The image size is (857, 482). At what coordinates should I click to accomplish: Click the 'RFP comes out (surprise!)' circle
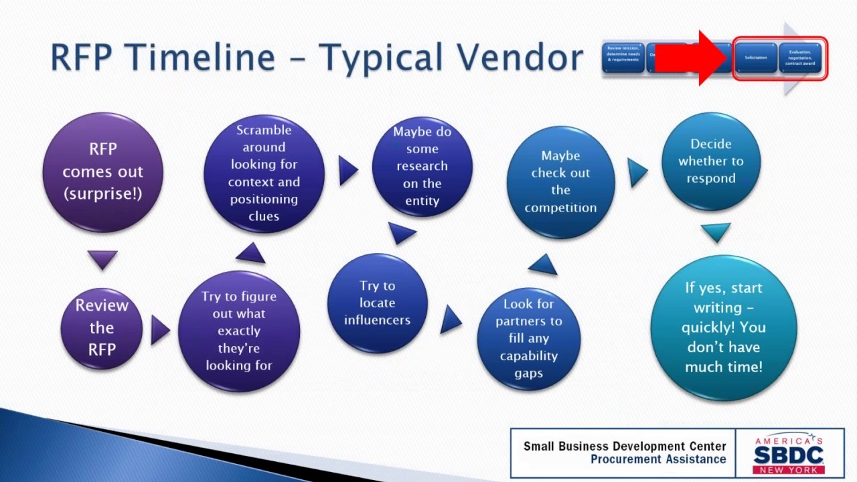[x=102, y=172]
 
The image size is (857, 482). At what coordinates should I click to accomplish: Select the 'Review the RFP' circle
[x=102, y=327]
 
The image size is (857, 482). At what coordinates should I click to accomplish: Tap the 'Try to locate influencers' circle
[x=377, y=303]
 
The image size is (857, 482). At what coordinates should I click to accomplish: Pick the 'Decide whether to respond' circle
[x=711, y=161]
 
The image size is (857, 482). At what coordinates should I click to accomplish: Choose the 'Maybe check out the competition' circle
[x=560, y=181]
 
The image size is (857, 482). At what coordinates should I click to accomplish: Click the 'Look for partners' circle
[x=528, y=338]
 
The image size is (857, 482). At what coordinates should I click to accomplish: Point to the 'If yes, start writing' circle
[x=724, y=327]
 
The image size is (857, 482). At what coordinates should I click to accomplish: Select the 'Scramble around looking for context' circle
[x=264, y=173]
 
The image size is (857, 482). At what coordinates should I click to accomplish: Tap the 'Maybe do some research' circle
[x=422, y=166]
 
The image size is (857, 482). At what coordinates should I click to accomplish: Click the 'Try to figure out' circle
[x=239, y=331]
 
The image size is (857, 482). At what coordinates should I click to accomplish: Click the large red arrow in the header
[x=690, y=58]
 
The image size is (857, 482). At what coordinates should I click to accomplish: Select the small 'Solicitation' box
[x=756, y=58]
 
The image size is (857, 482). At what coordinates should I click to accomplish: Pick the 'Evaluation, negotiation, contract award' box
[x=799, y=58]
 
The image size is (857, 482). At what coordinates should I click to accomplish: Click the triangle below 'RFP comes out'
[x=102, y=258]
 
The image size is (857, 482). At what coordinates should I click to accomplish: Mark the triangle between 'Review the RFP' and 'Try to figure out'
[x=159, y=330]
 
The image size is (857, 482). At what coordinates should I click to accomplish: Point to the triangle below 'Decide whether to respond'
[x=715, y=232]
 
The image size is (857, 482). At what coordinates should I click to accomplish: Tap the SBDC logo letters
[x=788, y=455]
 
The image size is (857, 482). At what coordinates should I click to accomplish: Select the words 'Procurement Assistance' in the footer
[x=658, y=459]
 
